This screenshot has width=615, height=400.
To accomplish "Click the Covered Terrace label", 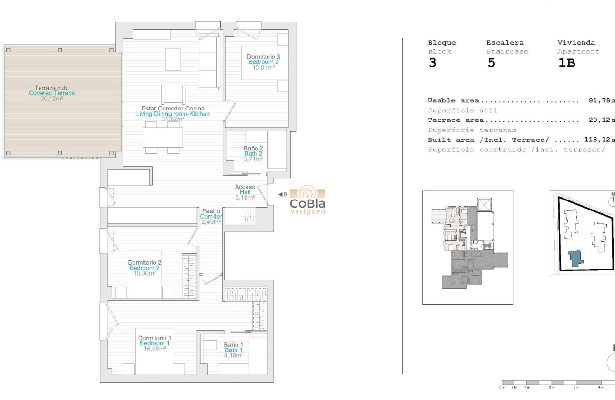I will (51, 93).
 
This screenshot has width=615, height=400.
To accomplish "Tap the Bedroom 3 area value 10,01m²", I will (264, 68).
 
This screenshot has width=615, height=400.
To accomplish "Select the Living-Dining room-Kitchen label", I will (173, 114).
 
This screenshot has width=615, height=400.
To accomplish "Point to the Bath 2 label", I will (253, 154).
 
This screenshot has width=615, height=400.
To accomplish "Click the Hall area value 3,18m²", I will (245, 198).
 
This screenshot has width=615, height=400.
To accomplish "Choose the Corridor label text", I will (211, 217).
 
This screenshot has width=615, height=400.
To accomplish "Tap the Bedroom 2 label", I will (144, 268).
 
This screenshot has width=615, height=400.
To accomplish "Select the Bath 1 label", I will (234, 350).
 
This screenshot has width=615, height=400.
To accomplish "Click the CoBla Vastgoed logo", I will (307, 200).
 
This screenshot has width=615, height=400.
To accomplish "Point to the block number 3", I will (432, 63).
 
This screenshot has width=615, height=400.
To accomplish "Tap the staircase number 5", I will (491, 63).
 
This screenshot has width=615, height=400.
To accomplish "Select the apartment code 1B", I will (566, 63).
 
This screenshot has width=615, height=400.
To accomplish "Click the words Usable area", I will (453, 100).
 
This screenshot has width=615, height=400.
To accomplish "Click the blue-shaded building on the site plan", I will (576, 258).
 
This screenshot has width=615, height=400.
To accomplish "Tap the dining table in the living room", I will (163, 138).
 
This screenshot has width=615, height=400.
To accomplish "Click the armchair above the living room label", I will (173, 94).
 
